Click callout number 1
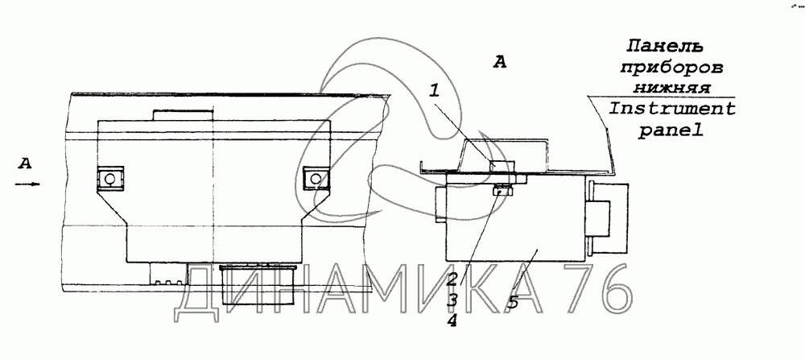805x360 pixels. click(435, 92)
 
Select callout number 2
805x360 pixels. click(452, 280)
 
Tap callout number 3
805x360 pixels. click(452, 300)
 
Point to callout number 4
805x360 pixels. click(452, 321)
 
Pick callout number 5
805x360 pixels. click(514, 302)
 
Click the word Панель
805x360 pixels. click(664, 47)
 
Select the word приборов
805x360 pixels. click(672, 68)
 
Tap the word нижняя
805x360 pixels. click(671, 88)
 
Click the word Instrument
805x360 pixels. click(671, 109)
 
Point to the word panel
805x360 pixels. click(671, 131)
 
